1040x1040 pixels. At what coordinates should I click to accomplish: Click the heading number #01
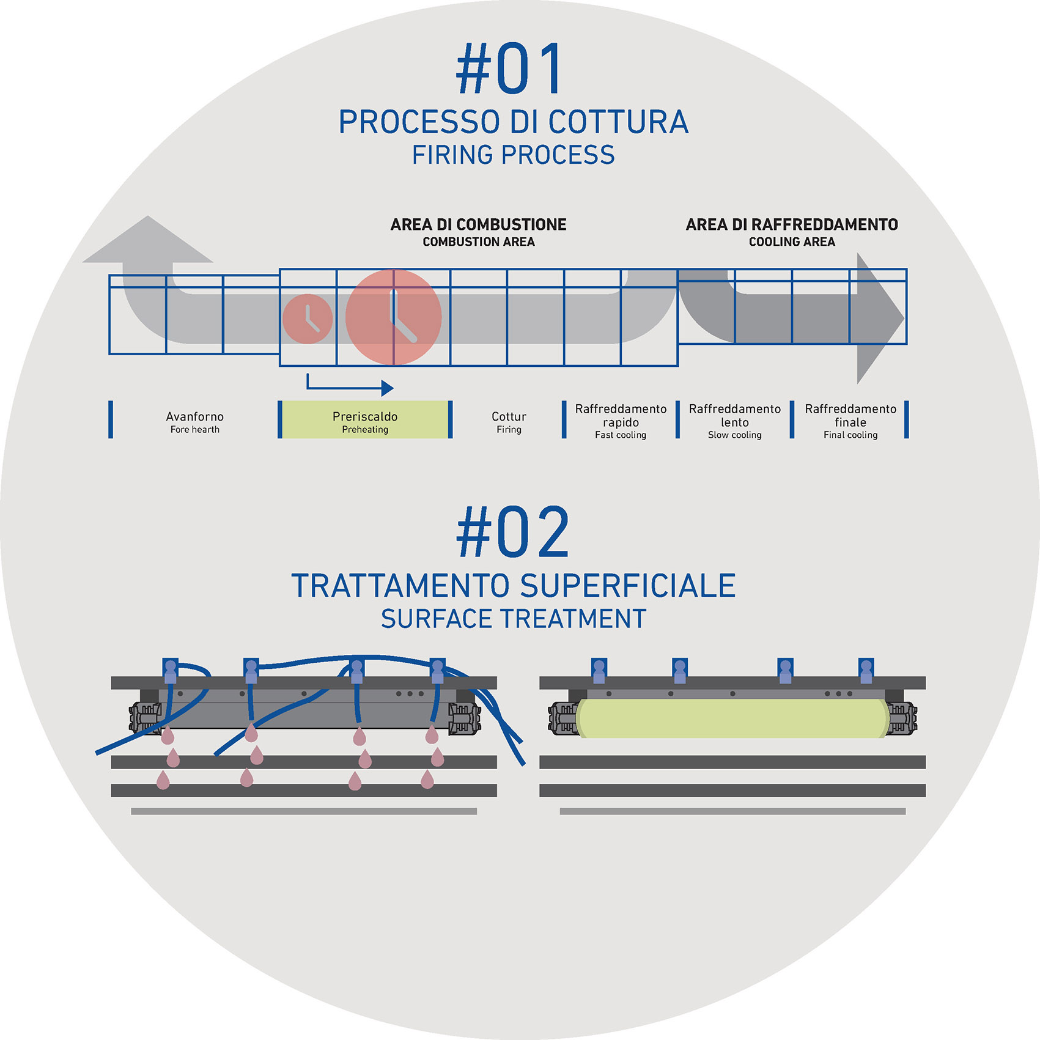509,69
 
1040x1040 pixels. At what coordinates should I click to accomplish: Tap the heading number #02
513,533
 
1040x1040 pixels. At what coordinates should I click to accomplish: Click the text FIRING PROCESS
513,155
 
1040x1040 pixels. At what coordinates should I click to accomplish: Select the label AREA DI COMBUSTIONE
478,224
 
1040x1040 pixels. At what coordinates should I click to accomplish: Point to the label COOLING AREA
792,242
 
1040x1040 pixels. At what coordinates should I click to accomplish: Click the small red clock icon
308,319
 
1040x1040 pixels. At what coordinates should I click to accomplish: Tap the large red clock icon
394,317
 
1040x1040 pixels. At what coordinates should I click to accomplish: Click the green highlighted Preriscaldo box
365,420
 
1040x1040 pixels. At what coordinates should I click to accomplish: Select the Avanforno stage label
194,421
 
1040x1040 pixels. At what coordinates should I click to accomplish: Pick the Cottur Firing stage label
509,421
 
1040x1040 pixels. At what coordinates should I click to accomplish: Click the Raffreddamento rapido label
621,421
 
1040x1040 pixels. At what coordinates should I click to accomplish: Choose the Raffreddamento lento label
734,421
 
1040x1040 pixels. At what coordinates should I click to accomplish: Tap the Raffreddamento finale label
850,421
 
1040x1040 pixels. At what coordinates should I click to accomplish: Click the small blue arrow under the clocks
350,386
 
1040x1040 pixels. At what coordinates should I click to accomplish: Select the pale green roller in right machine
731,718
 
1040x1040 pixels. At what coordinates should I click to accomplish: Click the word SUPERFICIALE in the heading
628,586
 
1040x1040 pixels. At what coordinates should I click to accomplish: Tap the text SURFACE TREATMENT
513,619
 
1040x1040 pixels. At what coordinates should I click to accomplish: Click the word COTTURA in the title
618,122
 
